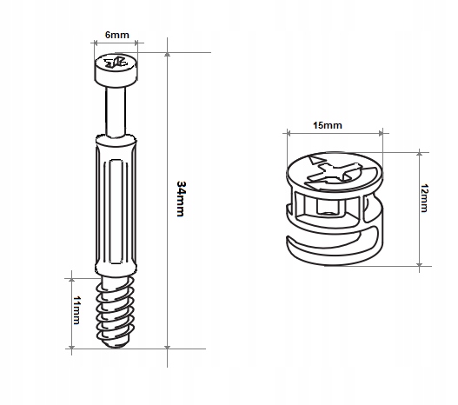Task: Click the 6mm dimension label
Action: (x=116, y=35)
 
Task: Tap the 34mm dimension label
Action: (x=181, y=199)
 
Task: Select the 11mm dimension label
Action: (x=76, y=310)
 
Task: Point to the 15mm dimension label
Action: (x=328, y=125)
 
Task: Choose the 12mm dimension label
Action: (x=424, y=198)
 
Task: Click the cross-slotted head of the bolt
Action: (x=116, y=70)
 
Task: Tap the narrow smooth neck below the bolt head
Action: (x=116, y=112)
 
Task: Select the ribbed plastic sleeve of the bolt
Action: (x=116, y=204)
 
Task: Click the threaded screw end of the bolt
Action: (x=116, y=312)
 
